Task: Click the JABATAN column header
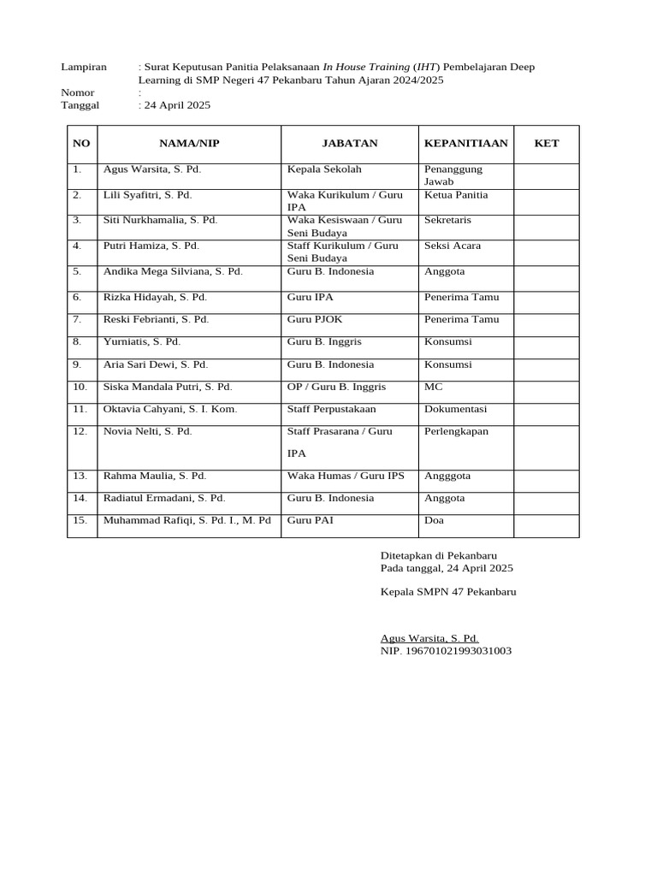[x=349, y=143]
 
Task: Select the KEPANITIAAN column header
[x=465, y=143]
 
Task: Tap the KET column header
[x=546, y=143]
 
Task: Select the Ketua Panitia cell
[x=456, y=195]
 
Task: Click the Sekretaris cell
[x=447, y=220]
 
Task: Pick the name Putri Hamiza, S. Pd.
[x=151, y=246]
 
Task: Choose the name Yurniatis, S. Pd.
[x=142, y=341]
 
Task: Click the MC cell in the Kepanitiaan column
[x=434, y=387]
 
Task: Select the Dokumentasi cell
[x=455, y=409]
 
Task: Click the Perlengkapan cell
[x=456, y=431]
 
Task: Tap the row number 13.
[x=80, y=476]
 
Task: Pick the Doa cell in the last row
[x=434, y=519]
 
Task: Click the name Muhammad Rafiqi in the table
[x=186, y=519]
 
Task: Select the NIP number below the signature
[x=446, y=651]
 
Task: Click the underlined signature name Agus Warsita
[x=429, y=638]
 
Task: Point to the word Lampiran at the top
[x=84, y=67]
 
